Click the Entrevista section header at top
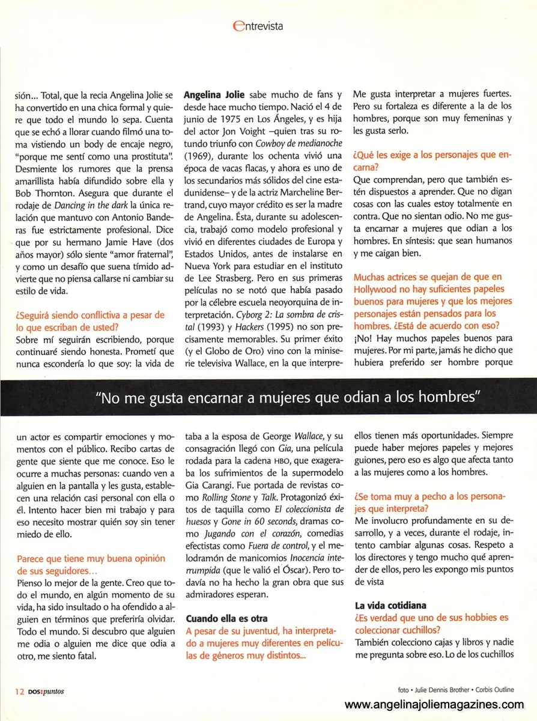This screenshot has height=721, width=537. coord(257,26)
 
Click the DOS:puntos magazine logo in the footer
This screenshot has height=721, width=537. coord(46,691)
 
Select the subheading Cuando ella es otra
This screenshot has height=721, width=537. coord(226,618)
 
